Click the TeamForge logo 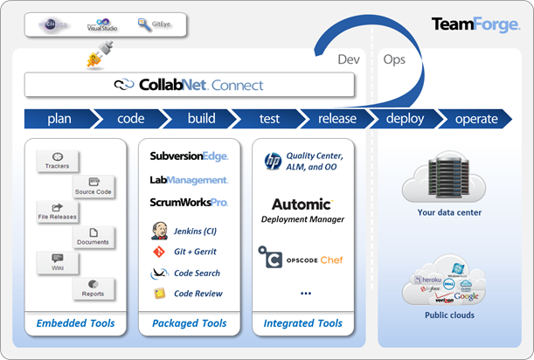[475, 24]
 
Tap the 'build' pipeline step [201, 119]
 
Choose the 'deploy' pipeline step [404, 119]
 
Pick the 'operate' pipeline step [475, 119]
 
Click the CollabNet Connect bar [189, 85]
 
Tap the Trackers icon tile [58, 160]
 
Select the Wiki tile [58, 261]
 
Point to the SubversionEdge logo [189, 156]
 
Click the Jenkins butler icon [159, 231]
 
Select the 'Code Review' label [198, 294]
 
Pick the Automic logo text [301, 204]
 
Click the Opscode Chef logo [301, 260]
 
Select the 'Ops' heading [394, 59]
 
